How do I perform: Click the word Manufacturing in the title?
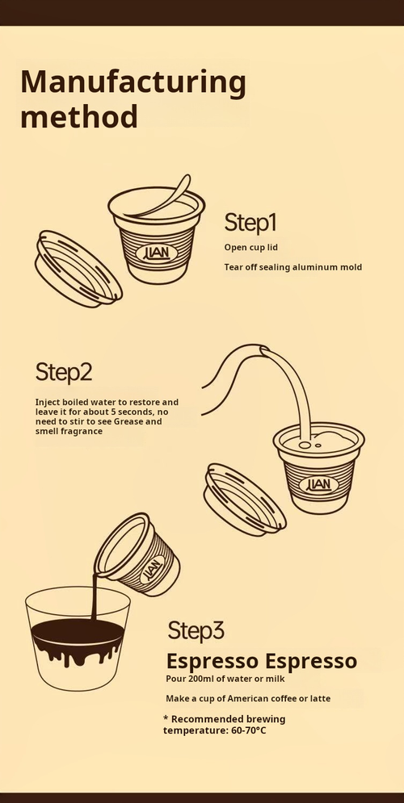(133, 82)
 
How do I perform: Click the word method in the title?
(78, 117)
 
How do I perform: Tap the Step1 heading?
(250, 222)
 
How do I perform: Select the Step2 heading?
(63, 372)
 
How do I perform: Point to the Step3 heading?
(196, 629)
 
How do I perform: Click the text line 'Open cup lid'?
(250, 247)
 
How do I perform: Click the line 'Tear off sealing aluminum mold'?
(292, 266)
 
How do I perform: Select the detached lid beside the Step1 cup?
(78, 269)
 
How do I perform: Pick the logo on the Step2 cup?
(319, 484)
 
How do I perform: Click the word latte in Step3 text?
(318, 698)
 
